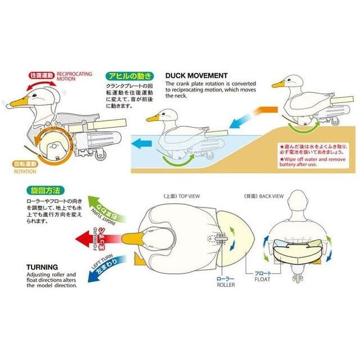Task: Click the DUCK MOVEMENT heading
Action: click(197, 75)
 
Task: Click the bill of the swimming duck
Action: click(152, 119)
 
